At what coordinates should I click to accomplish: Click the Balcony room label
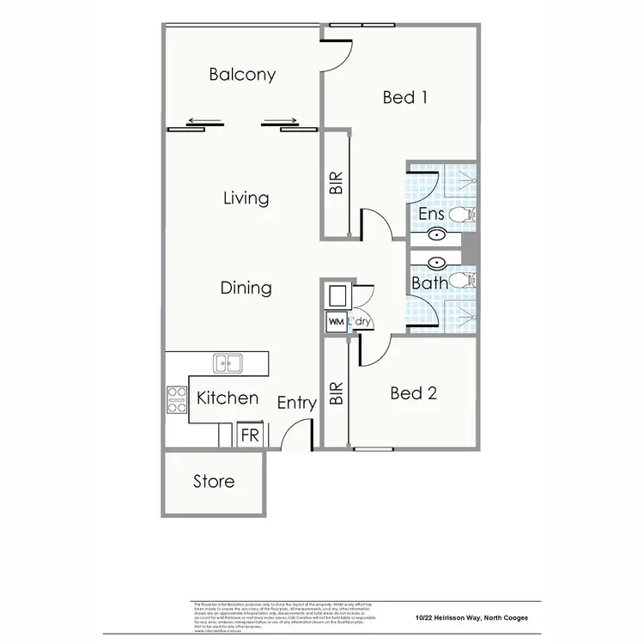coord(242,75)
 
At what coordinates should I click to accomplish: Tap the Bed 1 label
coord(405,97)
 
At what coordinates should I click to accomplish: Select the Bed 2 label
coord(413,393)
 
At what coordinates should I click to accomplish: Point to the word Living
coord(246,198)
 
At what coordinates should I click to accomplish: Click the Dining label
coord(246,288)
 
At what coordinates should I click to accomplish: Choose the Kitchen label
coord(228,398)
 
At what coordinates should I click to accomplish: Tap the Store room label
coord(214,482)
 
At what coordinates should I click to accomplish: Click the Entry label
coord(297,403)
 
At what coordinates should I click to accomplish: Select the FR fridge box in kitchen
coord(250,435)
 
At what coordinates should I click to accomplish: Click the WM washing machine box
coord(335,322)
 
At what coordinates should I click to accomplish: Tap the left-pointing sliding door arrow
coord(202,121)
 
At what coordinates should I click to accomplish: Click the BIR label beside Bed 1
coord(336,184)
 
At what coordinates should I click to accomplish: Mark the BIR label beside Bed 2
coord(336,394)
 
